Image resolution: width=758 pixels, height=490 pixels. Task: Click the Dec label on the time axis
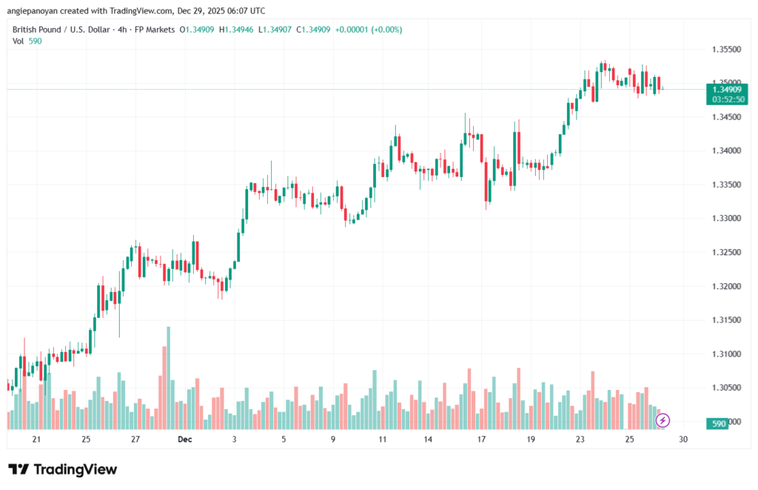(184, 440)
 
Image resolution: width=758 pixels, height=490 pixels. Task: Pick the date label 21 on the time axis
(36, 440)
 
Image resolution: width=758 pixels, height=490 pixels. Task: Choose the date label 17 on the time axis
(481, 440)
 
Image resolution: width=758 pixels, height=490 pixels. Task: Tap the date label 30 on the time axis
(683, 440)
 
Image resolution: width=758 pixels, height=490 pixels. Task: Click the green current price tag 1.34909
(728, 89)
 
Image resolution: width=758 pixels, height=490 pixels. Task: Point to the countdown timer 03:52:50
(728, 99)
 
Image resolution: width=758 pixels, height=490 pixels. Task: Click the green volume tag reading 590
(717, 423)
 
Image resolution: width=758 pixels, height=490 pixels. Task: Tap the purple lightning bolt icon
(663, 420)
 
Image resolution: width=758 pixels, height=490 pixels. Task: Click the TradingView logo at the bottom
(63, 469)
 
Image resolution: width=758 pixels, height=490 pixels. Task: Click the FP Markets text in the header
(155, 29)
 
